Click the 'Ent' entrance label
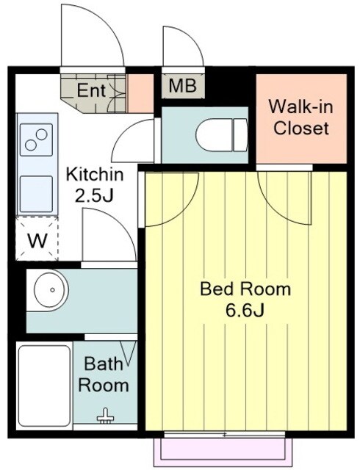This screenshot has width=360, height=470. tap(91, 90)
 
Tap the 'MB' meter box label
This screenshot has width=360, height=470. tap(182, 86)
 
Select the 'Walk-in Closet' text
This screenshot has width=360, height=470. tap(301, 117)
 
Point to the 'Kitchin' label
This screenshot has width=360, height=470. tap(95, 175)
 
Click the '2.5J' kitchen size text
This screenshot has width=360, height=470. tap(94, 196)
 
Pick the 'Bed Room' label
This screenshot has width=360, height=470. tap(245, 289)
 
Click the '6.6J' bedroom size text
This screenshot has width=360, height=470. tap(245, 311)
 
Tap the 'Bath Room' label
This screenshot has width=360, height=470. tap(104, 375)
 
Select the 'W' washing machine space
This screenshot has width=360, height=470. tap(37, 240)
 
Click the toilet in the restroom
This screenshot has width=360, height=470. tap(222, 135)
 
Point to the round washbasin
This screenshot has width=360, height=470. tap(51, 290)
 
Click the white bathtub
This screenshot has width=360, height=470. tap(44, 386)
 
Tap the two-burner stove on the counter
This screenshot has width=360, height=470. tap(36, 140)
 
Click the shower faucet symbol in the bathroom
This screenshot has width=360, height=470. tap(105, 416)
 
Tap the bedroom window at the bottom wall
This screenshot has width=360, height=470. tap(224, 434)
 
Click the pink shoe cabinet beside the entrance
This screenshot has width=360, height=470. tap(141, 93)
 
